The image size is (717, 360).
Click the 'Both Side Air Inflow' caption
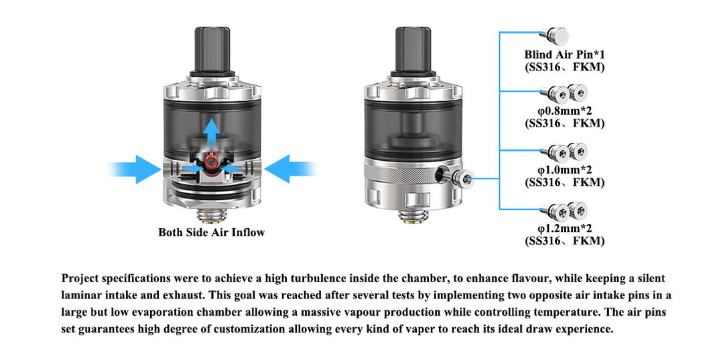tap(211, 233)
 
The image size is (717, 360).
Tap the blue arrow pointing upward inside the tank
tap(211, 133)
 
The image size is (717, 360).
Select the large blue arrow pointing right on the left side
tap(135, 169)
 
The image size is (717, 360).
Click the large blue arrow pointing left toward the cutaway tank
tap(290, 169)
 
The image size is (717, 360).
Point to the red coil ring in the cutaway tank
tap(211, 161)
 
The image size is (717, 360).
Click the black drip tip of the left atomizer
tap(212, 50)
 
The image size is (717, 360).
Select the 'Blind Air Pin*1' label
tap(564, 54)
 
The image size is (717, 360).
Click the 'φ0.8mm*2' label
tap(564, 111)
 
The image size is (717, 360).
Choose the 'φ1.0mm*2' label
tap(564, 170)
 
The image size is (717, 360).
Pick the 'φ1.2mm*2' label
tap(564, 228)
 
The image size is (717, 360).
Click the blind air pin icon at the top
tap(555, 36)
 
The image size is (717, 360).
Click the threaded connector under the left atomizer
tap(211, 215)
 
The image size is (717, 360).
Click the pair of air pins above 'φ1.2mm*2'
tap(564, 211)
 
